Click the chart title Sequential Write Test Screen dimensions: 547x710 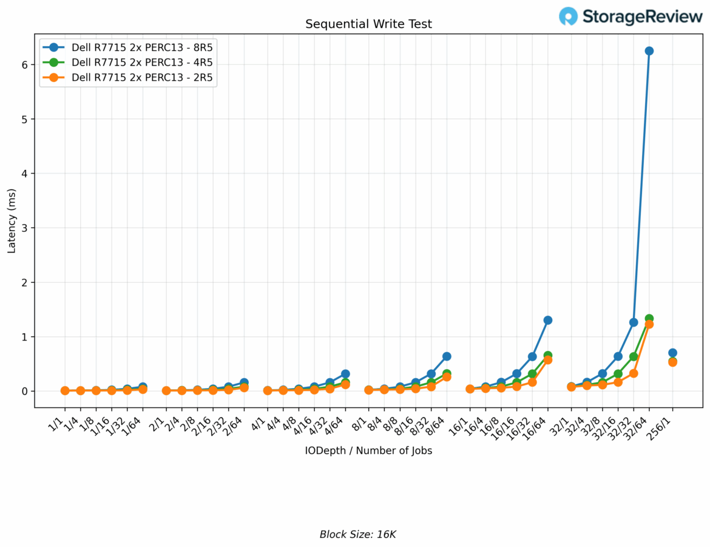pyautogui.click(x=368, y=24)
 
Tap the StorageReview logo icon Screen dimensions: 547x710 pyautogui.click(x=569, y=16)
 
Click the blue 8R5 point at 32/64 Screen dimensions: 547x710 pyautogui.click(x=649, y=51)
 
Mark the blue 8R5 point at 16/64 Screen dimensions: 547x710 pyautogui.click(x=547, y=320)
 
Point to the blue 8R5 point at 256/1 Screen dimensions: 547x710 pyautogui.click(x=672, y=353)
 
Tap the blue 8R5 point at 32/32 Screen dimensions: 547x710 pyautogui.click(x=634, y=322)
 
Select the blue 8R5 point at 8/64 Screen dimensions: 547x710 pyautogui.click(x=447, y=356)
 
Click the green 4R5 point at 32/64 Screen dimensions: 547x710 pyautogui.click(x=649, y=319)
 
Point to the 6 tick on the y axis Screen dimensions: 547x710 pyautogui.click(x=24, y=64)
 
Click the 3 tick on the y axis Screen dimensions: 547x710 pyautogui.click(x=24, y=228)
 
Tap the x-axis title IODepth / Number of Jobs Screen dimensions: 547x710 pyautogui.click(x=368, y=451)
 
